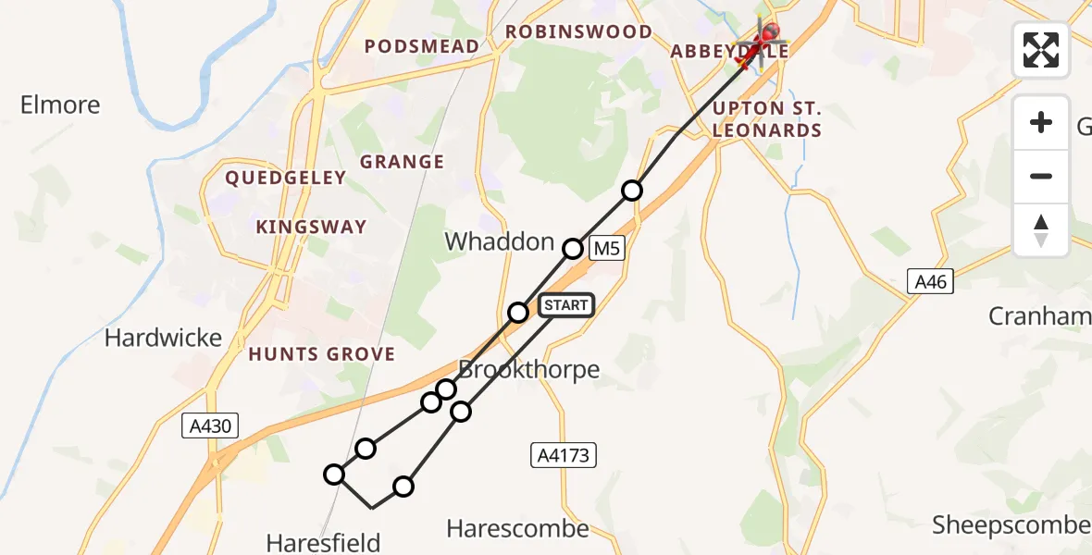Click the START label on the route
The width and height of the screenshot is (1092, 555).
coord(565,305)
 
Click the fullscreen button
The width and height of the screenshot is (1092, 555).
coord(1041,50)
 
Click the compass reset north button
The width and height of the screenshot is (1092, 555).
coord(1041,230)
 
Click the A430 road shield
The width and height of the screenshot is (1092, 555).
coord(210,425)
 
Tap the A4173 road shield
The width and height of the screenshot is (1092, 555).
coord(564,454)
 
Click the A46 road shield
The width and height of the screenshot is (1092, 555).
coord(930,281)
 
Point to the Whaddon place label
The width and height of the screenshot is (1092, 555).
coord(499,242)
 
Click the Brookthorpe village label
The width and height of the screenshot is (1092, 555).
coord(529,369)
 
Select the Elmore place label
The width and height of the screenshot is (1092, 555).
coord(60,105)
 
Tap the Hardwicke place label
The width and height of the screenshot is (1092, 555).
coord(163,338)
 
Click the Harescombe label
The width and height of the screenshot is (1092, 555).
coord(517,528)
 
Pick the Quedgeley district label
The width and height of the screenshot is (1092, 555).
coord(286,178)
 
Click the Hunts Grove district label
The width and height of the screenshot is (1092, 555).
coord(321,354)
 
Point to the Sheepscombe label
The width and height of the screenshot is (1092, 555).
coord(1011,525)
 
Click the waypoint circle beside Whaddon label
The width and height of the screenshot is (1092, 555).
coord(574,248)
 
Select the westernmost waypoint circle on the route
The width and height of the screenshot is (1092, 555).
coord(334,475)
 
